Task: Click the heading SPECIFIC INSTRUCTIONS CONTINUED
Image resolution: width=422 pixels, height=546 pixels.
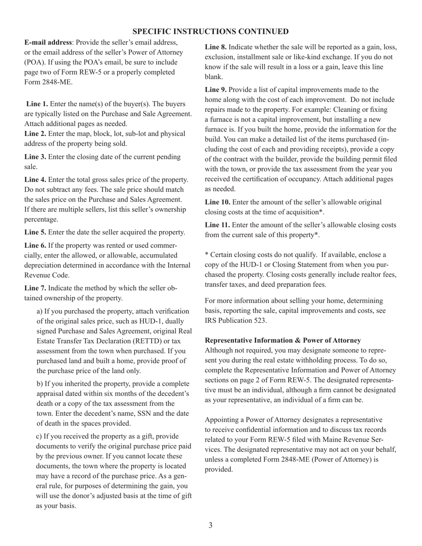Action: [211, 32]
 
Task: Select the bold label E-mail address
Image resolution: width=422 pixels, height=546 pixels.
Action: [48, 42]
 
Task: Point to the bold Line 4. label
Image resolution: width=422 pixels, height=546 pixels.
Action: [35, 179]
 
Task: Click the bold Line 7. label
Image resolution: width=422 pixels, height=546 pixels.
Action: [35, 288]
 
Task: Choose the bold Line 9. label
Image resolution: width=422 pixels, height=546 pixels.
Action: [215, 90]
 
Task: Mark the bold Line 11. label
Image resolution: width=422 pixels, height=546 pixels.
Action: [217, 225]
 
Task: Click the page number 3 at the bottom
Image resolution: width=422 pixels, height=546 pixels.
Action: [211, 525]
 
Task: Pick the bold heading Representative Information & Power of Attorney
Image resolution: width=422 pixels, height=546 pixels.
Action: [283, 340]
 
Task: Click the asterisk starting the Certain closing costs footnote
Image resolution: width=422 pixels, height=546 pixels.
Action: [207, 255]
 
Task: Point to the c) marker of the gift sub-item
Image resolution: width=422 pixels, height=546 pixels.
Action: [39, 436]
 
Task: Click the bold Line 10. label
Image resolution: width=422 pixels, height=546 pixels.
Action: [217, 202]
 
